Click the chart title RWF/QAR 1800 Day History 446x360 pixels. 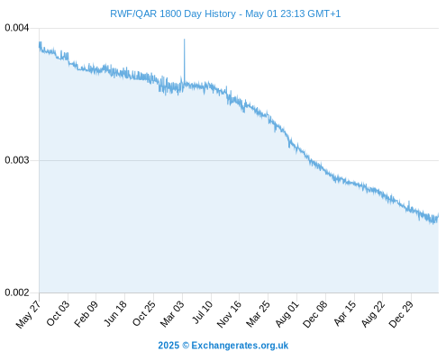coord(173,13)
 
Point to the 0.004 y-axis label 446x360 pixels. coord(17,28)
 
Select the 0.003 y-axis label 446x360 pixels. coord(17,160)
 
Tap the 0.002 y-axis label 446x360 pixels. coord(17,292)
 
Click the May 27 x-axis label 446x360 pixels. coord(29,314)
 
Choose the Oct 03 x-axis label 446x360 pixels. coord(58,313)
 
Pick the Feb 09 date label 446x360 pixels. coord(86,313)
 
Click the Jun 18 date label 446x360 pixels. coord(115,313)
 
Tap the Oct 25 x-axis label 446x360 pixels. coord(144,313)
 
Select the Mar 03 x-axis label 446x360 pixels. coord(172,314)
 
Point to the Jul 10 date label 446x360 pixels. coord(203,312)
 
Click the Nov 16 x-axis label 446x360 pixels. coord(229,314)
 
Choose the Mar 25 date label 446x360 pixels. coord(258,314)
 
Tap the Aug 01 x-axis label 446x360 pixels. coord(287,314)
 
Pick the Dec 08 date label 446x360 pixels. coord(314,314)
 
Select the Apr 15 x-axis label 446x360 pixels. coord(345,313)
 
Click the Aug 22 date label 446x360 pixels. coord(373,314)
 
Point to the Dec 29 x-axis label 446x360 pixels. coord(401,314)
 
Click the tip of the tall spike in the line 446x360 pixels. coord(185,39)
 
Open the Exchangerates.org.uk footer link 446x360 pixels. coord(240,346)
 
